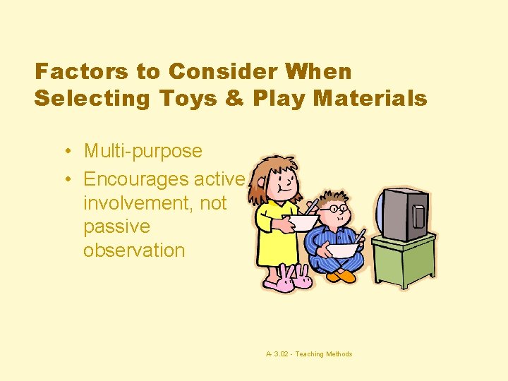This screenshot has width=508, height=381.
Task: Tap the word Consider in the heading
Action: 216,72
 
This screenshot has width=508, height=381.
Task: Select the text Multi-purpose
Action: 143,151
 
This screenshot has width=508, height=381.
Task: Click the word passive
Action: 116,226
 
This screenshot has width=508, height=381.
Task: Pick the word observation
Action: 134,250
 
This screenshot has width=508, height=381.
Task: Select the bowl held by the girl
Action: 301,223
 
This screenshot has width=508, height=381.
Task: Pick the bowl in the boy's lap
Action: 344,250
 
